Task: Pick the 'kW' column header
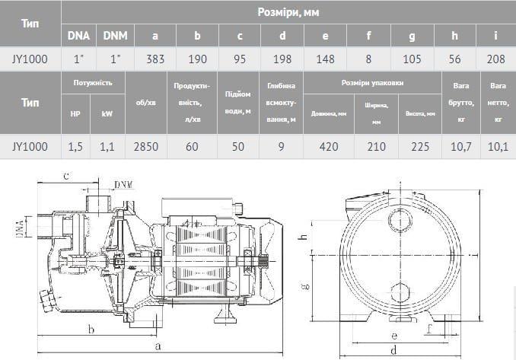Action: (x=107, y=113)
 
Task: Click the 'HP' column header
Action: (x=75, y=113)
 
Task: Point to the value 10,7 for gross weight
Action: (x=460, y=147)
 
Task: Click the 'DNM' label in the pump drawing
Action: (x=122, y=185)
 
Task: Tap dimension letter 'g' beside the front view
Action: (x=304, y=285)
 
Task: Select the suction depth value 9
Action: (x=281, y=147)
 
